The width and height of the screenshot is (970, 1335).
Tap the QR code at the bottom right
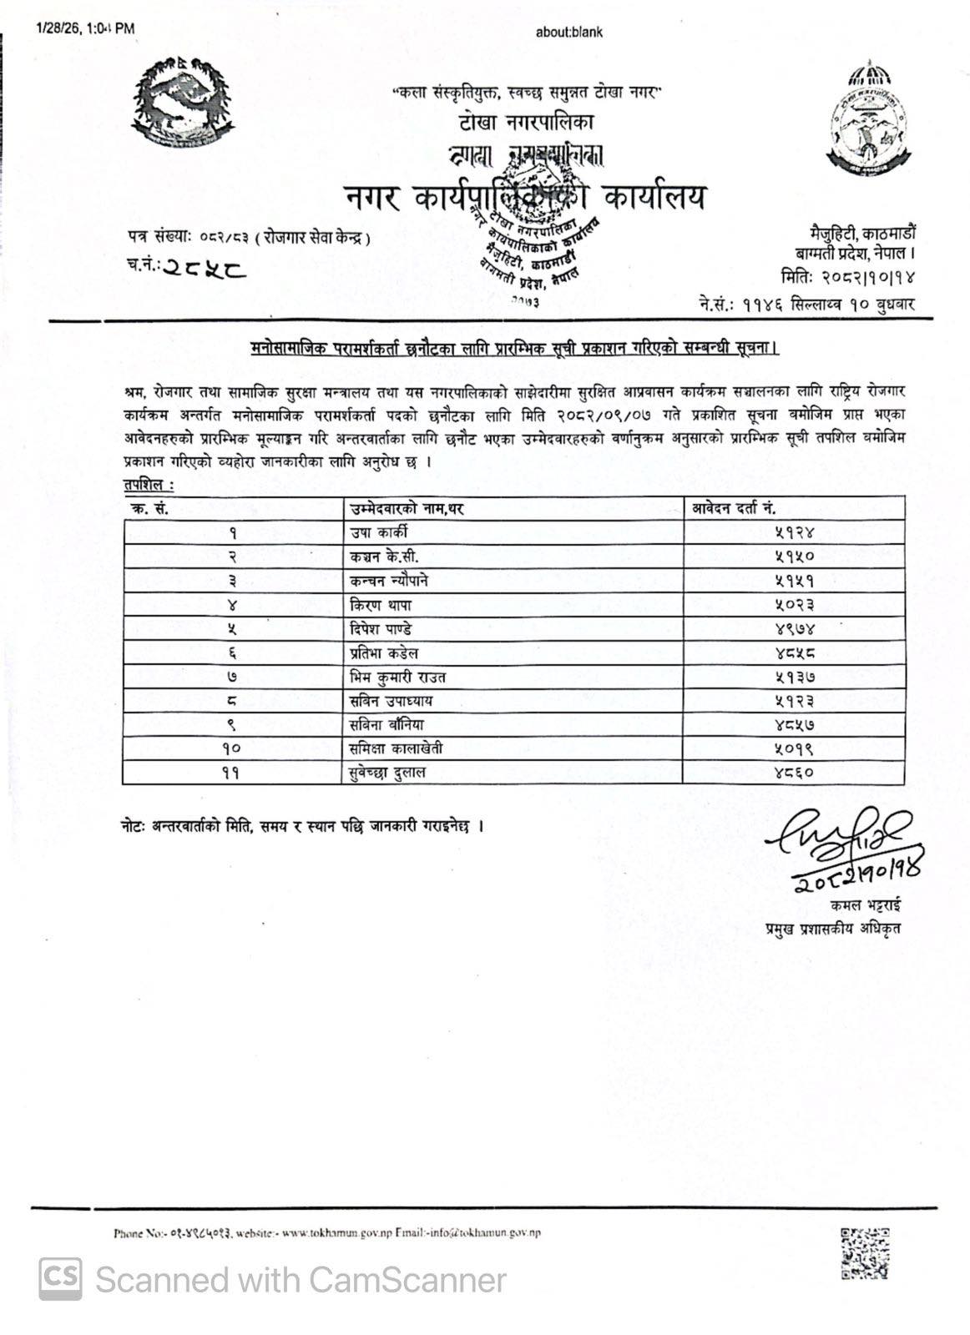click(865, 1252)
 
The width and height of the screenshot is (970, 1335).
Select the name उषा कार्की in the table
click(379, 532)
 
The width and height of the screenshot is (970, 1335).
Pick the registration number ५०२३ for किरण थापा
click(793, 605)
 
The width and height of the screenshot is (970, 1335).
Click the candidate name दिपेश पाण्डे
click(381, 629)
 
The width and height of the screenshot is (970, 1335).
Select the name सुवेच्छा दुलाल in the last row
click(387, 773)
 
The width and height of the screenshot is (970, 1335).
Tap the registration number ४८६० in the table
click(793, 773)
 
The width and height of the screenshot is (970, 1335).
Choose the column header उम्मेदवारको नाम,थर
click(407, 508)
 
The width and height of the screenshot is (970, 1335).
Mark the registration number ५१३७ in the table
click(793, 678)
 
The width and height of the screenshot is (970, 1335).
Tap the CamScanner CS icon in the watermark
click(60, 1279)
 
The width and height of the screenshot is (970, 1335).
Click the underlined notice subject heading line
click(514, 348)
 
